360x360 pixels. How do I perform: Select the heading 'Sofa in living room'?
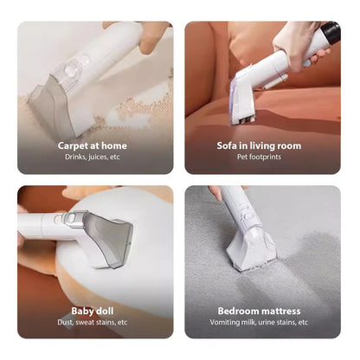point(259,145)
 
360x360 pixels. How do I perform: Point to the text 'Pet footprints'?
point(259,157)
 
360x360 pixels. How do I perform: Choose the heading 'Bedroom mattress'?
point(259,310)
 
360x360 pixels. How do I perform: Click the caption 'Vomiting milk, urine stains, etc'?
point(259,321)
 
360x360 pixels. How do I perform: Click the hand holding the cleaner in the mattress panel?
point(216,192)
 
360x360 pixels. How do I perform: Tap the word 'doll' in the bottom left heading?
point(108,310)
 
